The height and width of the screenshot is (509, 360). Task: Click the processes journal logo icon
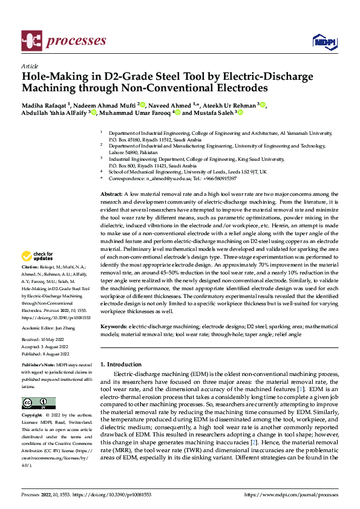[x=31, y=41]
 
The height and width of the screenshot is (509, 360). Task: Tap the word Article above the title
[x=30, y=66]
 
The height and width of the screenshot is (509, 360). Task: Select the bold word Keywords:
[x=114, y=326]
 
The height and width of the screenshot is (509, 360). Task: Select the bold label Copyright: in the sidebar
[x=33, y=416]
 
